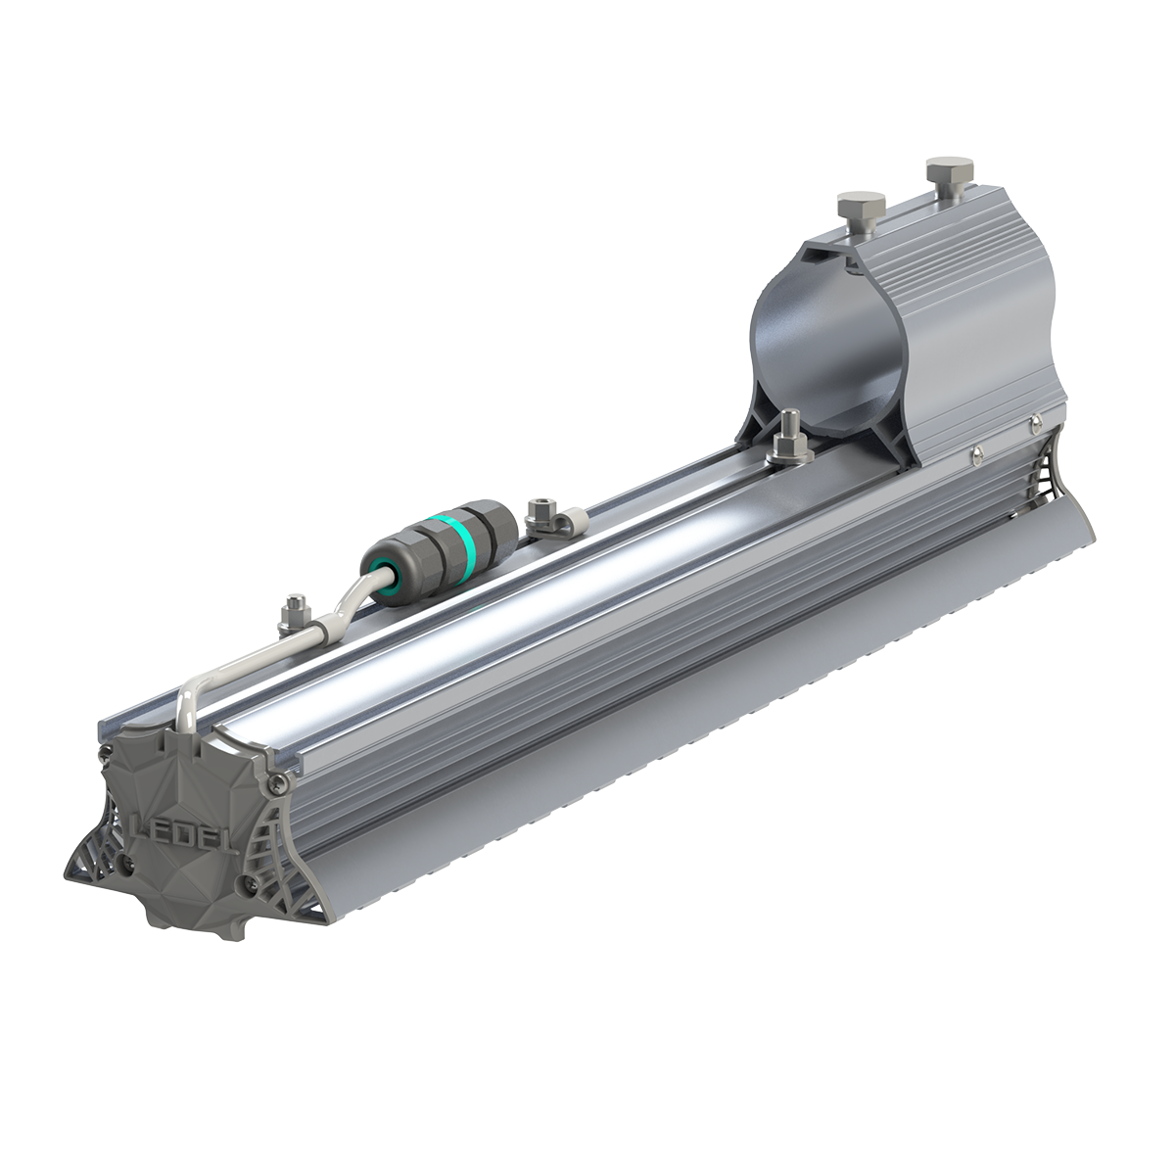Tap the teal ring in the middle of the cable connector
point(473,530)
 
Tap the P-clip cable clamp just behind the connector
point(542,518)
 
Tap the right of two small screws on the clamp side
point(1034,424)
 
